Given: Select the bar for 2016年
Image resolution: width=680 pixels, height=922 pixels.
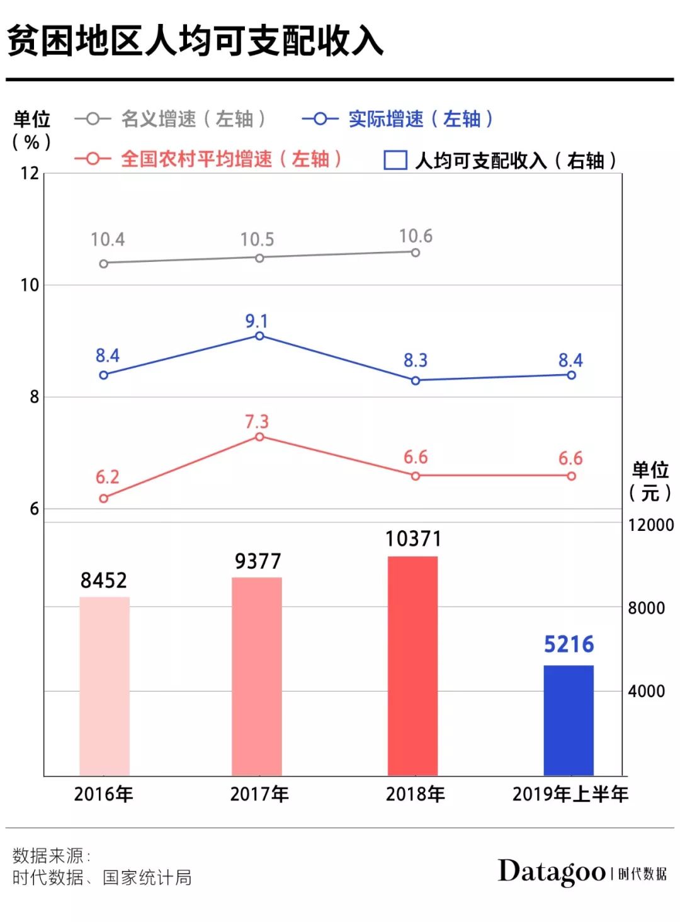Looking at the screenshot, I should (x=105, y=686).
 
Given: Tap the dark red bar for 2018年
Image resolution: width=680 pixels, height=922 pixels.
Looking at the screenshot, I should (x=412, y=666).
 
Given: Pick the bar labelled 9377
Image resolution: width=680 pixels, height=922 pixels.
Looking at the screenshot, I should (x=257, y=676).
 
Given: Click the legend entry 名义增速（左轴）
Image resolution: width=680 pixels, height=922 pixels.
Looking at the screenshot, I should (x=170, y=118).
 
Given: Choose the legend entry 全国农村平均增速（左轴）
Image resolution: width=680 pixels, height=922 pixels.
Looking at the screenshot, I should (x=208, y=159).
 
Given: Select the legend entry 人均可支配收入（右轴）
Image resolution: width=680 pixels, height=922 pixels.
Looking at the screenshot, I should (x=501, y=161).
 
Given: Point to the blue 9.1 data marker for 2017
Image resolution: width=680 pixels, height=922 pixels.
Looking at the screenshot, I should (x=259, y=336).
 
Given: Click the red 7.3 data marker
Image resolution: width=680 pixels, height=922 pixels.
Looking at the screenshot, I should (x=259, y=436).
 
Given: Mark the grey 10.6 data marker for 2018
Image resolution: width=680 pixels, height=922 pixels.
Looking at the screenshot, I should (x=416, y=253).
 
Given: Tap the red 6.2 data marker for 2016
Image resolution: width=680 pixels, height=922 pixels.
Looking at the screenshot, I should (x=104, y=498).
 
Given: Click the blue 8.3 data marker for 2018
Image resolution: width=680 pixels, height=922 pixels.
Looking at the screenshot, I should (x=416, y=380).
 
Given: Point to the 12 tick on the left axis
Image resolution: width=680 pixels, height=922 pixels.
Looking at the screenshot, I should (x=30, y=173).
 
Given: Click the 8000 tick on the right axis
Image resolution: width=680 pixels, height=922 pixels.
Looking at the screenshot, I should (x=646, y=608).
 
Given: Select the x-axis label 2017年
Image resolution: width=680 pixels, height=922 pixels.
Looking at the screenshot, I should (x=259, y=794).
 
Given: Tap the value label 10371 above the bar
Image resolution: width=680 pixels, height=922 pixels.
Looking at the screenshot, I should (x=413, y=539).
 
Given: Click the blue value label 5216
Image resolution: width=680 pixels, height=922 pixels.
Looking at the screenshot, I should (x=569, y=644).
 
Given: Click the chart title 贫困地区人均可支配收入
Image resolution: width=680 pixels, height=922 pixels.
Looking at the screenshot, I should (x=195, y=42).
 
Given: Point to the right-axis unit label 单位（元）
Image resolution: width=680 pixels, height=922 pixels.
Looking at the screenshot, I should (x=650, y=481).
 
